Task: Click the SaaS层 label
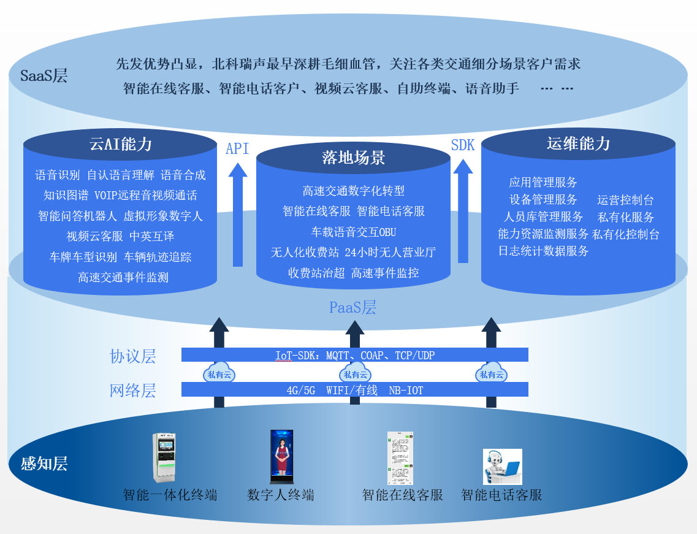pyautogui.click(x=44, y=76)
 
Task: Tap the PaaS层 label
pyautogui.click(x=352, y=307)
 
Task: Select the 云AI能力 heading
pyautogui.click(x=121, y=145)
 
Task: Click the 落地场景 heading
pyautogui.click(x=353, y=158)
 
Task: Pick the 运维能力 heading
pyautogui.click(x=578, y=143)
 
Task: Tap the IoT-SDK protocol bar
pyautogui.click(x=354, y=355)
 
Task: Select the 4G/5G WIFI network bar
pyautogui.click(x=354, y=390)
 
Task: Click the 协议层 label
pyautogui.click(x=132, y=356)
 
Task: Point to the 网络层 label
pyautogui.click(x=132, y=391)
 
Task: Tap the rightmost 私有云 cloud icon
pyautogui.click(x=491, y=374)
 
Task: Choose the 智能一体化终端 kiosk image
pyautogui.click(x=164, y=457)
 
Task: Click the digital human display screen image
pyautogui.click(x=281, y=457)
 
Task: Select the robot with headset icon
pyautogui.click(x=501, y=467)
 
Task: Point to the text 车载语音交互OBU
pyautogui.click(x=354, y=232)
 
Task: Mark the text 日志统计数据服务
pyautogui.click(x=543, y=251)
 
